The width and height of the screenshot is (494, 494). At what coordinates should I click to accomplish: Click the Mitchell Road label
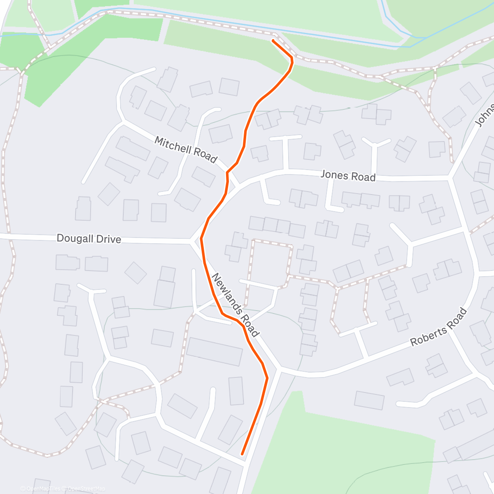pyautogui.click(x=186, y=150)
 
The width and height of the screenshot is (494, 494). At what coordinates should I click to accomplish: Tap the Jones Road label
pyautogui.click(x=348, y=176)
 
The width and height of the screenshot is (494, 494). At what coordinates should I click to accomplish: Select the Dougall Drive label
pyautogui.click(x=89, y=239)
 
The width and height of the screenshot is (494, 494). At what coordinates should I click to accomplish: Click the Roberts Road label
pyautogui.click(x=439, y=327)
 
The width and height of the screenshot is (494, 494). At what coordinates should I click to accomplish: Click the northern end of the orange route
pyautogui.click(x=273, y=40)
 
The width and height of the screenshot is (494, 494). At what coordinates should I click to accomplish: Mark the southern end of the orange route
pyautogui.click(x=242, y=454)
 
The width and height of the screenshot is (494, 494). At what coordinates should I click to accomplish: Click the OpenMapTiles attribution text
pyautogui.click(x=43, y=489)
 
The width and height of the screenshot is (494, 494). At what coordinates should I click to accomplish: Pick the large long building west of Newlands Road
pyautogui.click(x=214, y=352)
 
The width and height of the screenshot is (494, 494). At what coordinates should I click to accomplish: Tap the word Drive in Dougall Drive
pyautogui.click(x=107, y=239)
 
